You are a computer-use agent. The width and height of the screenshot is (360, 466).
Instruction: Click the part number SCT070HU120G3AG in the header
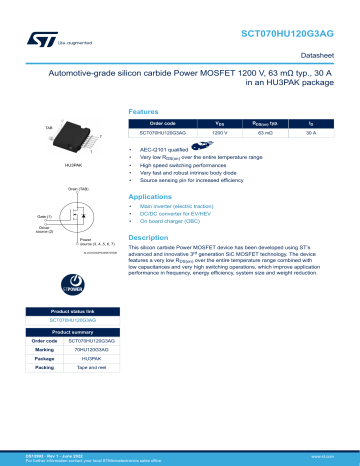[x=297, y=33]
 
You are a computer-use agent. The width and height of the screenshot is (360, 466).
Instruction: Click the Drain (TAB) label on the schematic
[x=80, y=189]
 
